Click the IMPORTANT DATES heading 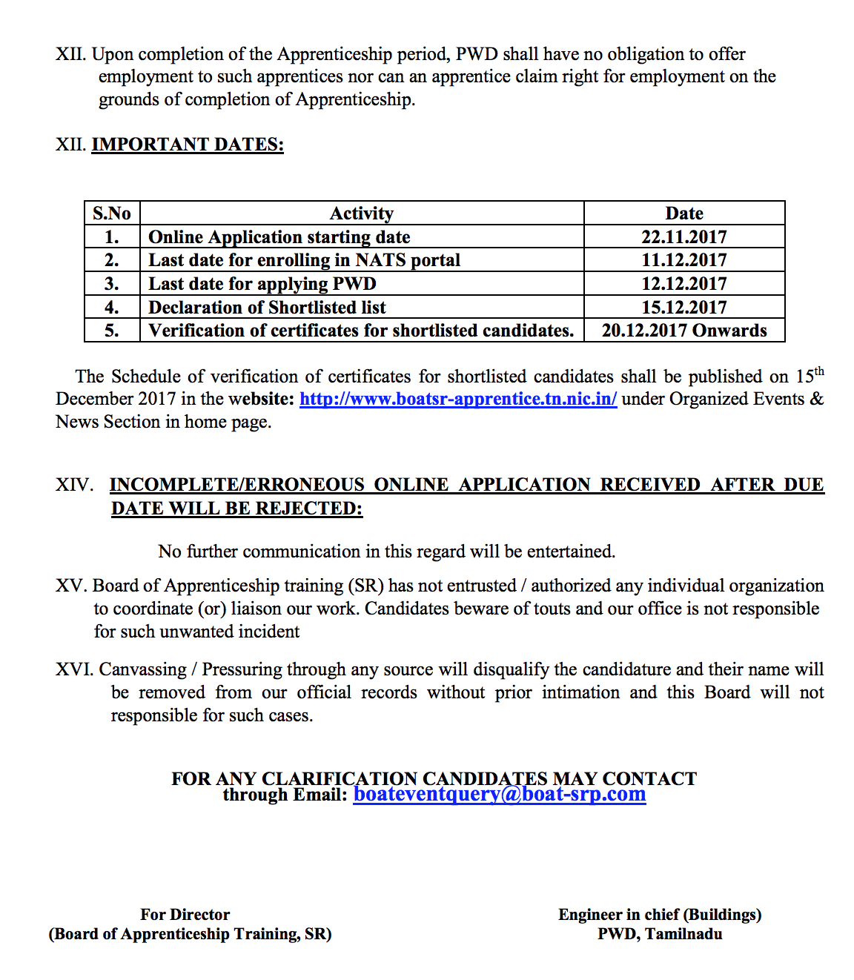point(188,144)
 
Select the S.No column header point(112,213)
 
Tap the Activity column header point(362,213)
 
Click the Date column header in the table point(683,213)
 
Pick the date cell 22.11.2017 point(683,237)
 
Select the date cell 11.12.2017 point(683,260)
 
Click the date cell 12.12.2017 point(683,284)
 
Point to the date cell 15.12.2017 point(683,308)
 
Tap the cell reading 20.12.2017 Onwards point(683,331)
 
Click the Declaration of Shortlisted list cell point(267,308)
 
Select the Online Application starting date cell point(279,237)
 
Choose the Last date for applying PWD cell point(262,284)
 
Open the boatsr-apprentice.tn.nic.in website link point(457,399)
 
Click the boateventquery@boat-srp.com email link point(499,794)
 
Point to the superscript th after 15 point(819,371)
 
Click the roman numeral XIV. point(74,485)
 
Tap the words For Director point(185,915)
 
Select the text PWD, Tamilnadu point(660,934)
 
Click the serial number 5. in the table point(112,331)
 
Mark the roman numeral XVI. point(74,669)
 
